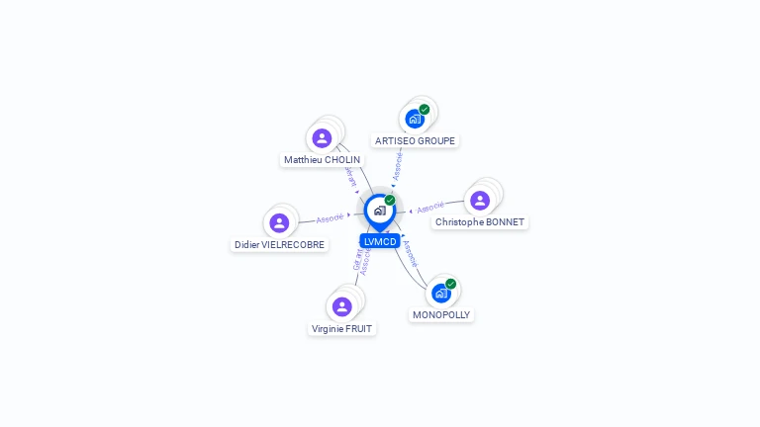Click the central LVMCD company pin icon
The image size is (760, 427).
point(379,211)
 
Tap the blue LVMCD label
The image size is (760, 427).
point(380,241)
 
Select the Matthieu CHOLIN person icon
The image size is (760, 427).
point(322,138)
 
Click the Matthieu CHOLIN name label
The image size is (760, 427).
point(323,159)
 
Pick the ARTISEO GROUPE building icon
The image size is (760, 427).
point(415,119)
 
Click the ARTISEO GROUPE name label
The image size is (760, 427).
point(415,140)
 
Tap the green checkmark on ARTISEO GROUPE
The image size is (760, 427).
point(425,110)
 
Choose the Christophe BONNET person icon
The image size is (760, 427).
point(480,201)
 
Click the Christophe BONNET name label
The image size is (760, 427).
point(480,222)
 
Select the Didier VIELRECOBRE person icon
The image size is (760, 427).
point(279,222)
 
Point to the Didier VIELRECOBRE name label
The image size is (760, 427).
point(280,244)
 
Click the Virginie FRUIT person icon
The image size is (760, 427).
point(342,306)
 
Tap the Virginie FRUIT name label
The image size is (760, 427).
point(342,328)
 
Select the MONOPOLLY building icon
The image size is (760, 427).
point(441,293)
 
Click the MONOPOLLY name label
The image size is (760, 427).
point(441,314)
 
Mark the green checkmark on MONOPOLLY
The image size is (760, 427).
point(451,284)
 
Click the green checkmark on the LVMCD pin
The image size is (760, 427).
point(390,200)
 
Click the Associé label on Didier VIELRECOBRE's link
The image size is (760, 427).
point(330,217)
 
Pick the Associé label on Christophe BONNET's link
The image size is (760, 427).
point(430,208)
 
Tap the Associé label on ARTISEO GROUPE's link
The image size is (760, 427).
point(398,166)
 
